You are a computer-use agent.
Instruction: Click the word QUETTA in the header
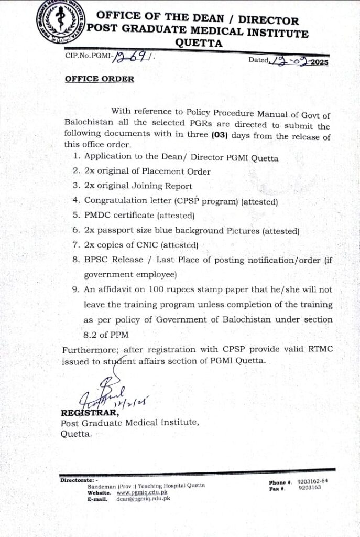(x=199, y=44)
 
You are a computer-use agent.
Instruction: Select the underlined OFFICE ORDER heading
(x=99, y=79)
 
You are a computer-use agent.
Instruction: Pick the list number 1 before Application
(x=77, y=157)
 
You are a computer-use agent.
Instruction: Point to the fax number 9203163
(x=309, y=488)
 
